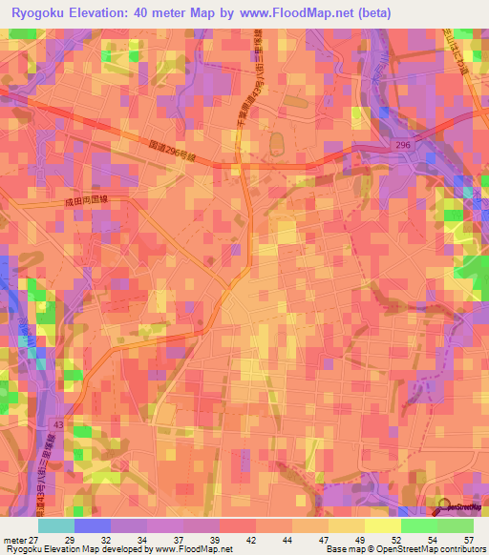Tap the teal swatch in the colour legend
pyautogui.click(x=56, y=525)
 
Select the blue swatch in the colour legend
pyautogui.click(x=93, y=525)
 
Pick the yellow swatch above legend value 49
pyautogui.click(x=347, y=525)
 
